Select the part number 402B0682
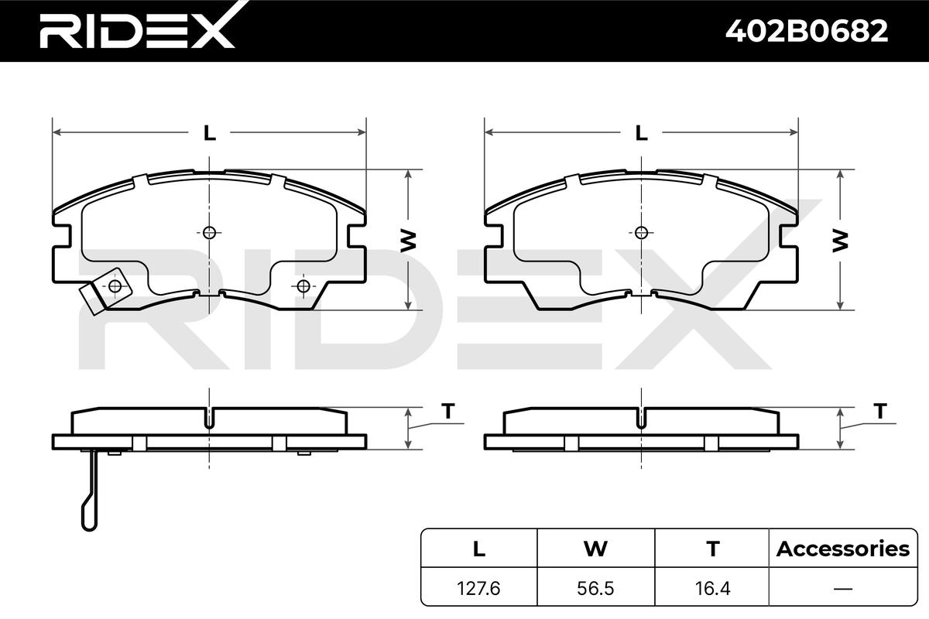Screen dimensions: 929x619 pos(807,31)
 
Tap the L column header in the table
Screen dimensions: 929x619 pos(479,549)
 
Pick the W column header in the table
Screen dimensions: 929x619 pos(595,549)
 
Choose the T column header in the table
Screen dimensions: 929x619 pos(712,549)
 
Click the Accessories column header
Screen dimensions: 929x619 pos(843,549)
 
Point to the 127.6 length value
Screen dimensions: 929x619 pos(478,588)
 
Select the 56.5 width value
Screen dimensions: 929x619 pos(595,588)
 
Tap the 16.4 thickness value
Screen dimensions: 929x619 pos(712,588)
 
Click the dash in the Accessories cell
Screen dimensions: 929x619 pos(843,589)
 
